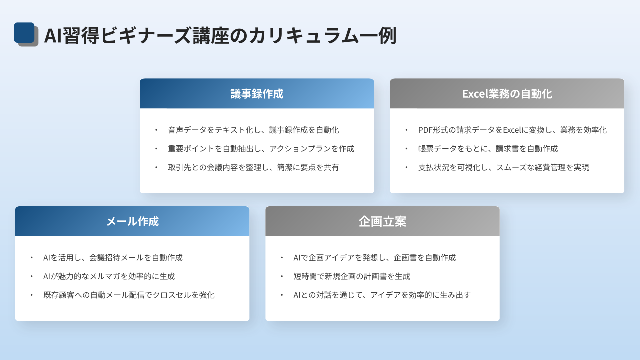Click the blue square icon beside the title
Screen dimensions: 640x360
[x=24, y=33]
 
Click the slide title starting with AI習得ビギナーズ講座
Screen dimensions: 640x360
[x=220, y=36]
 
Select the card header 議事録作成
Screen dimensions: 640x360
[x=257, y=94]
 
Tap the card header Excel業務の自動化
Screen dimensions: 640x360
[x=507, y=94]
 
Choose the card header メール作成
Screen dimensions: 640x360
[x=132, y=221]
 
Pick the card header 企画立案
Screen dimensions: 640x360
[x=382, y=221]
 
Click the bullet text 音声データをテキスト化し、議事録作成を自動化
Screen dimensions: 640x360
[x=253, y=130]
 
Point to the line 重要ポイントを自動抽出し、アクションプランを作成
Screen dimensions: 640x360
[x=261, y=149]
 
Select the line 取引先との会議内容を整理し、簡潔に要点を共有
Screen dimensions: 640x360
[x=253, y=167]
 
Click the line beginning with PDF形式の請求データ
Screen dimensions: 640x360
[x=512, y=130]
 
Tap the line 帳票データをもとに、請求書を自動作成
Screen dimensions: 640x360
[x=488, y=149]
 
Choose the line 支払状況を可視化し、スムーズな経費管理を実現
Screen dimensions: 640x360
[x=503, y=167]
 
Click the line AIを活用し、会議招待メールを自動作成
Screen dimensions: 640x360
[x=113, y=258]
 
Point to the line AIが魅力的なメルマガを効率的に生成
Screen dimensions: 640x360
[x=109, y=276]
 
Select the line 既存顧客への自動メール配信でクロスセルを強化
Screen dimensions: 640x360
[x=129, y=295]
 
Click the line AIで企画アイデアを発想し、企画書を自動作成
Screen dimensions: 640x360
[x=375, y=258]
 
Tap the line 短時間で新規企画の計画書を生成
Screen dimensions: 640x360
[x=352, y=276]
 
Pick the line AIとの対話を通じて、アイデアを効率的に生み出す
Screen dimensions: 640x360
[x=382, y=295]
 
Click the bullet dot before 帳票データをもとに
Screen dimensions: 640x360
[x=406, y=149]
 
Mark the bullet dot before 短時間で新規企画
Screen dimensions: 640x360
[x=282, y=276]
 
